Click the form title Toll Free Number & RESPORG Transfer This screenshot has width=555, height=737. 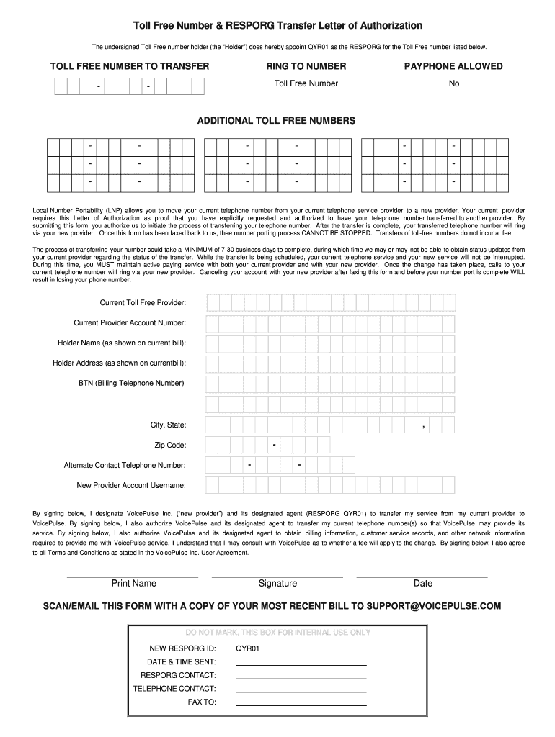(273, 25)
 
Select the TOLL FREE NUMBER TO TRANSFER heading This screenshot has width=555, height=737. (130, 66)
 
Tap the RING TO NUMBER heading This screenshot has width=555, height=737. (306, 66)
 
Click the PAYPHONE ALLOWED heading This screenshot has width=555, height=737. (453, 66)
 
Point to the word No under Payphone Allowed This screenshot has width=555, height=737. (453, 83)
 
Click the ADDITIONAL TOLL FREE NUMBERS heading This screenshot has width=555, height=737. (276, 121)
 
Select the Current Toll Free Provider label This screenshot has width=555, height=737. (143, 302)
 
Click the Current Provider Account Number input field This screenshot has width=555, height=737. (329, 323)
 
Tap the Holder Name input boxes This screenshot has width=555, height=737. (329, 343)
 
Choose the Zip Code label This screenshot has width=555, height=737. (170, 445)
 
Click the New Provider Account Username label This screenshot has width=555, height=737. (131, 485)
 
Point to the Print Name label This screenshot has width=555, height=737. (133, 584)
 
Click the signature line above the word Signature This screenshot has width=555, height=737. (277, 577)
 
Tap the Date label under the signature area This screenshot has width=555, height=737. (422, 584)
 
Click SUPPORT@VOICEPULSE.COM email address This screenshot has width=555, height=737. (433, 606)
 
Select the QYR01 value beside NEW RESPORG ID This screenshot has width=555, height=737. (247, 648)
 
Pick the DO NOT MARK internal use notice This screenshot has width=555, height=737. (277, 633)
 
